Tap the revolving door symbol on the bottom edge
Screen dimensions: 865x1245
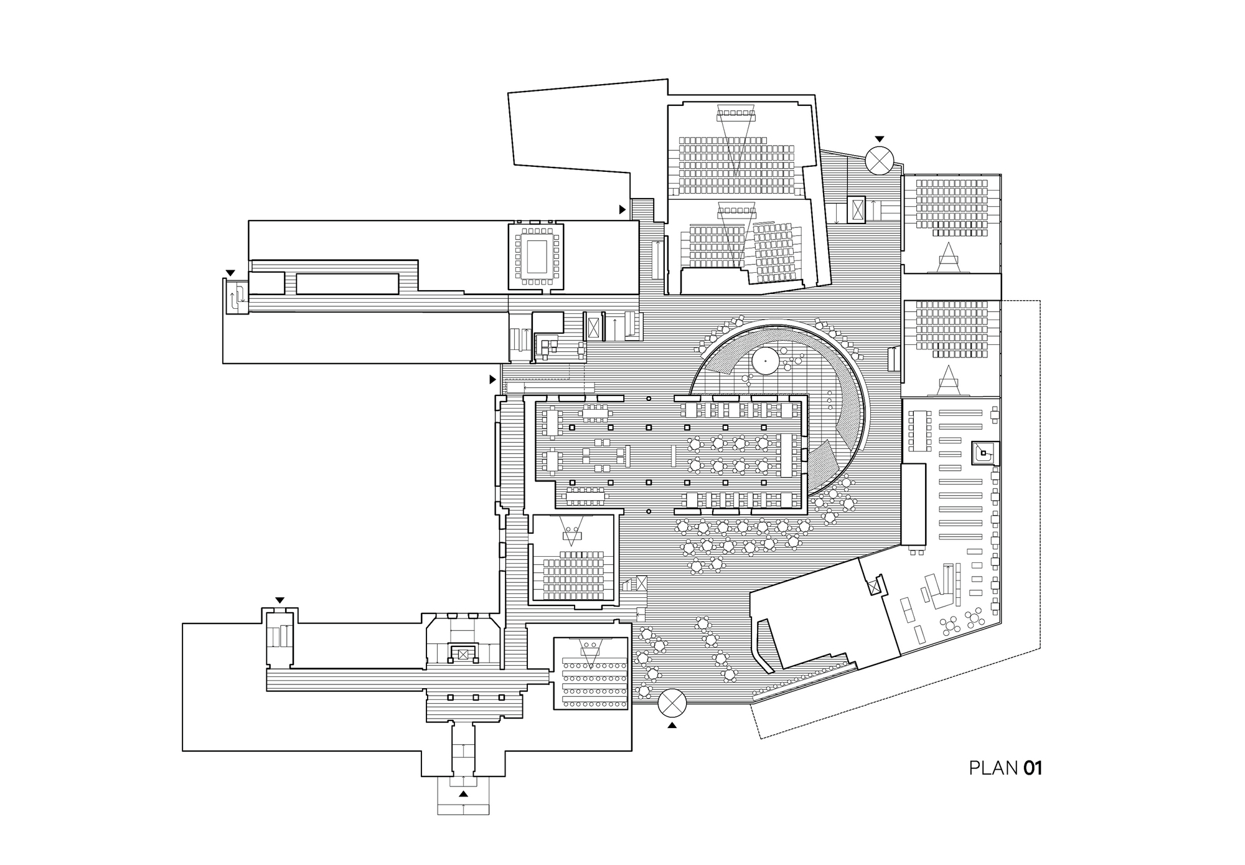[x=672, y=704]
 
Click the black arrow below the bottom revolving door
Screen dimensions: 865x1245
[x=672, y=726]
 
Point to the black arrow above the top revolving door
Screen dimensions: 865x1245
[x=879, y=139]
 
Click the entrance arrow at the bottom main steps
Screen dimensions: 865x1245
[x=463, y=794]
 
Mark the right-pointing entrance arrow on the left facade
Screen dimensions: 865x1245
[x=492, y=379]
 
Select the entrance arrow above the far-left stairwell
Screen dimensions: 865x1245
[x=230, y=273]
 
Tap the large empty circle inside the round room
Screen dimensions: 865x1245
[x=764, y=361]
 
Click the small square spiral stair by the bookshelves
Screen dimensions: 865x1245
[x=984, y=453]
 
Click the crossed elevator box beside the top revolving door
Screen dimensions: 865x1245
[x=857, y=209]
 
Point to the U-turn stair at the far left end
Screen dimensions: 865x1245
[x=236, y=297]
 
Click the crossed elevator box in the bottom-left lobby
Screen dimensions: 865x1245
[x=462, y=654]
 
